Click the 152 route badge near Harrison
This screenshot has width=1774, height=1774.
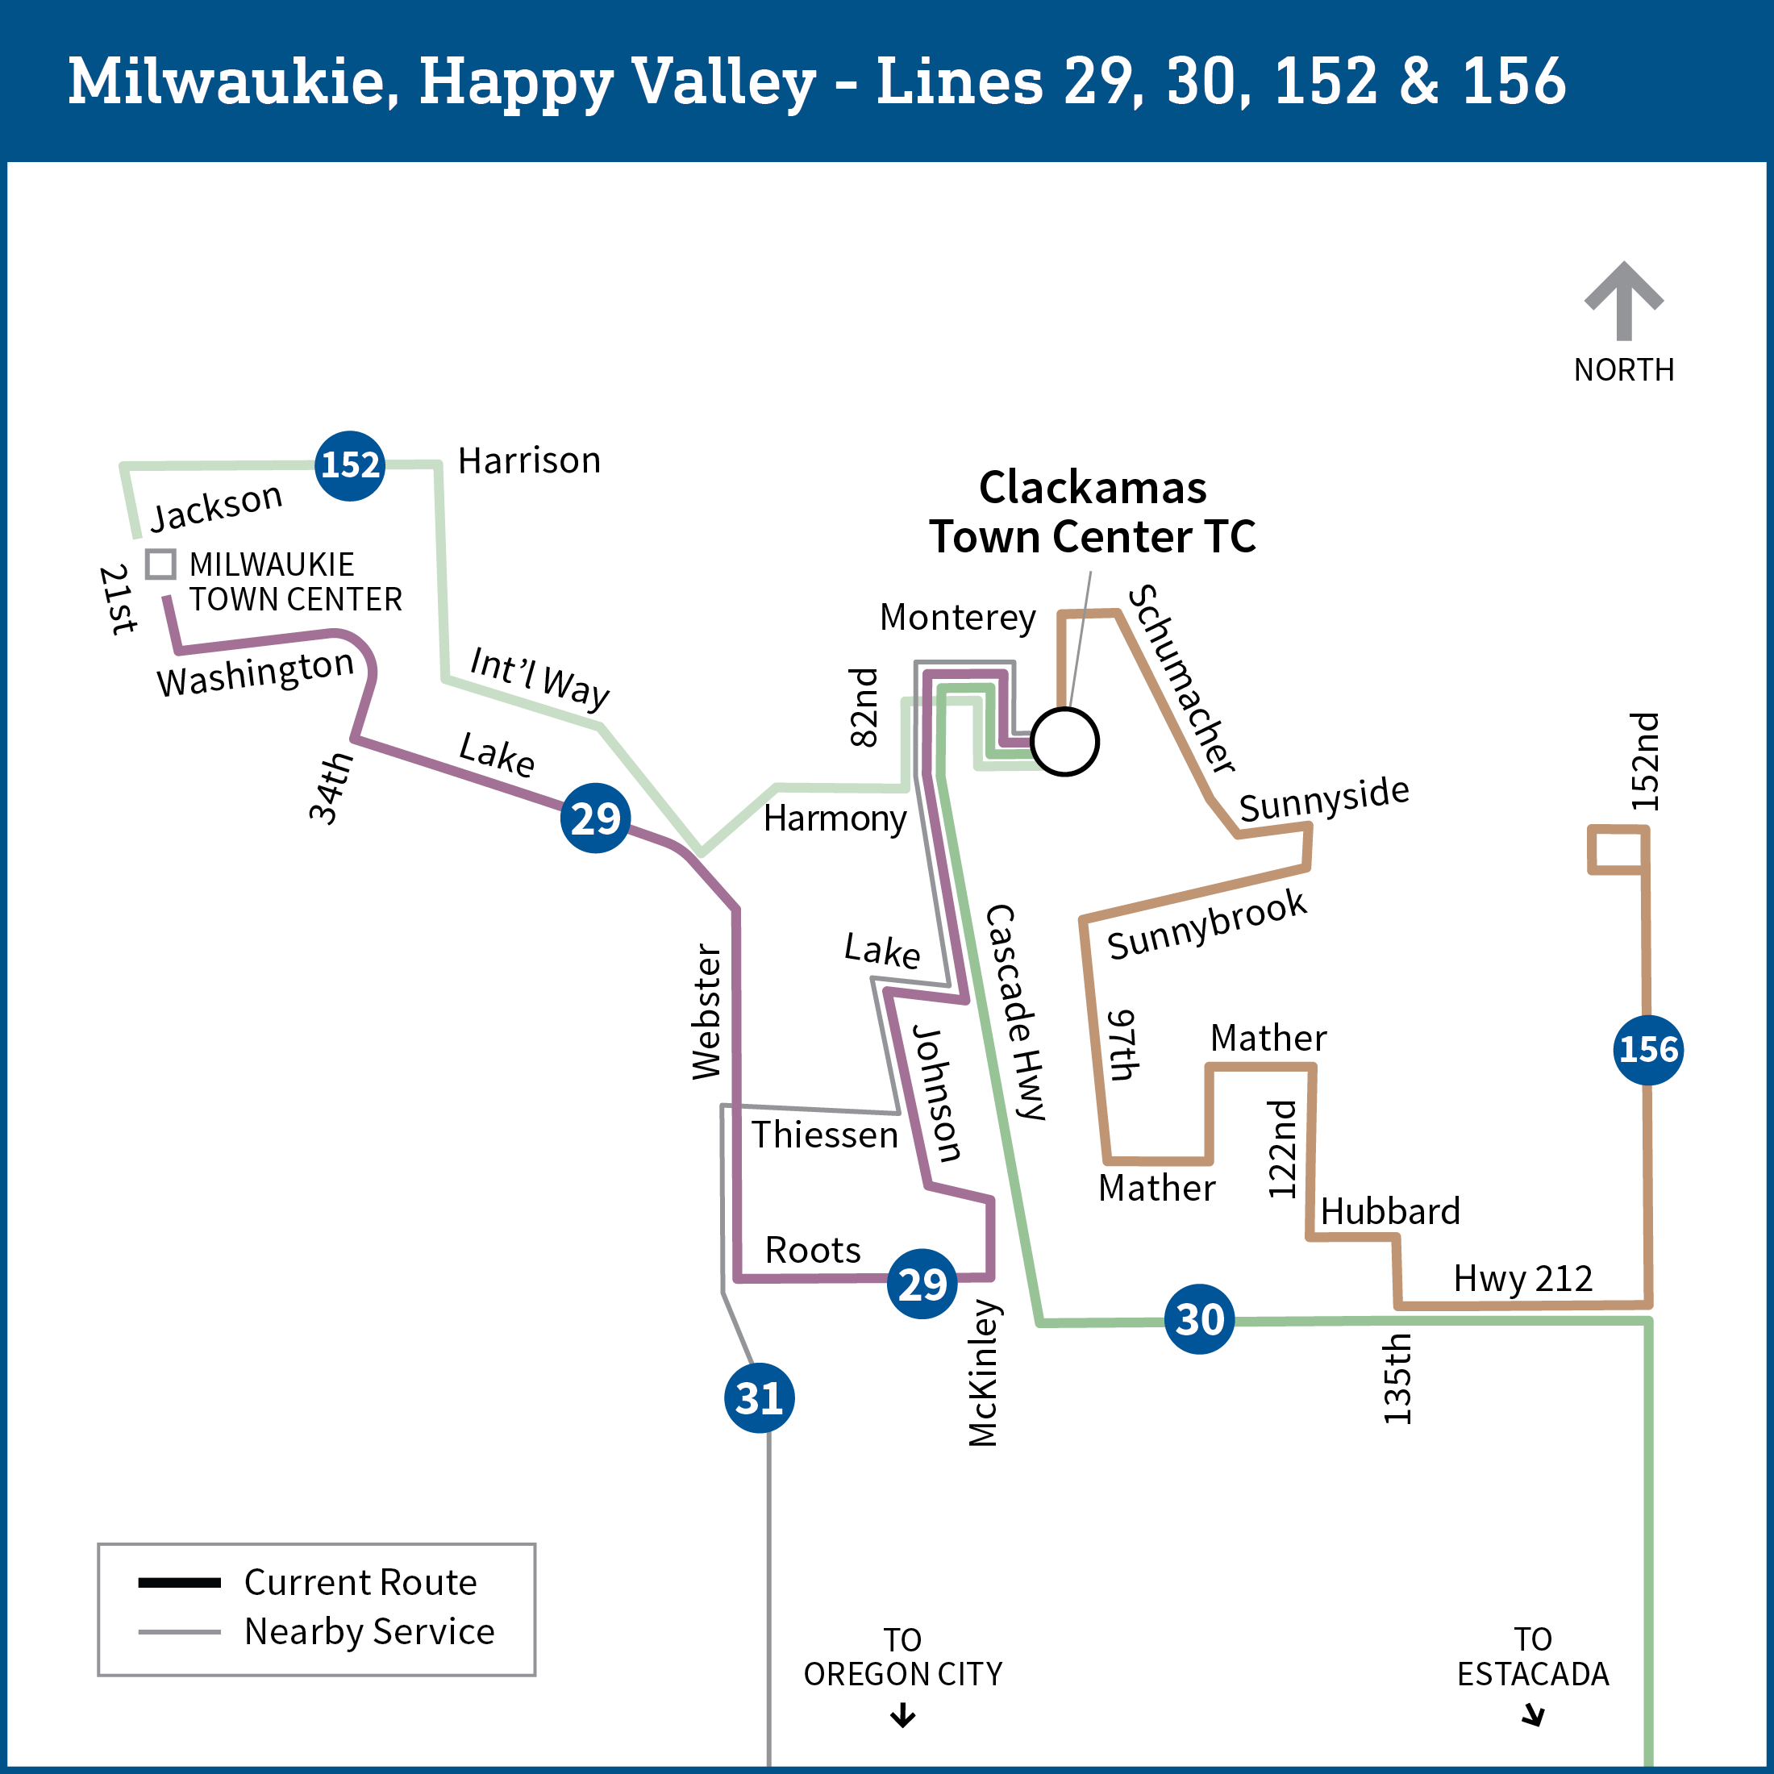coord(350,465)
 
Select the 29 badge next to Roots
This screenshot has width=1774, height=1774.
coord(922,1284)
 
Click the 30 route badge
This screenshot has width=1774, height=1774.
coord(1199,1319)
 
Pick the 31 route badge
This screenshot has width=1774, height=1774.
coord(760,1398)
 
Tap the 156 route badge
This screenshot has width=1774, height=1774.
coord(1648,1050)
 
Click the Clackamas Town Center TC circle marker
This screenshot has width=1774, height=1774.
coord(1064,742)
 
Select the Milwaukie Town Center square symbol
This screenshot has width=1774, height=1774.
coord(160,564)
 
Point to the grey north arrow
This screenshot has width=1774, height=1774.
coord(1623,301)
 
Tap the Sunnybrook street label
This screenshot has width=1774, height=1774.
coord(1206,925)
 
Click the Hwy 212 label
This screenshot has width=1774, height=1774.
coord(1522,1278)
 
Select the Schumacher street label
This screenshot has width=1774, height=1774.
coord(1183,680)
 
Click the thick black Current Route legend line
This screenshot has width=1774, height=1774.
coord(179,1582)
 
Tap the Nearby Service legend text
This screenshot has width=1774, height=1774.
coord(369,1631)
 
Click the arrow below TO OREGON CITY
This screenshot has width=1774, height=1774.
coord(902,1715)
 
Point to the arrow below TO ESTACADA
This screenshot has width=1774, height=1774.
coord(1534,1715)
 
